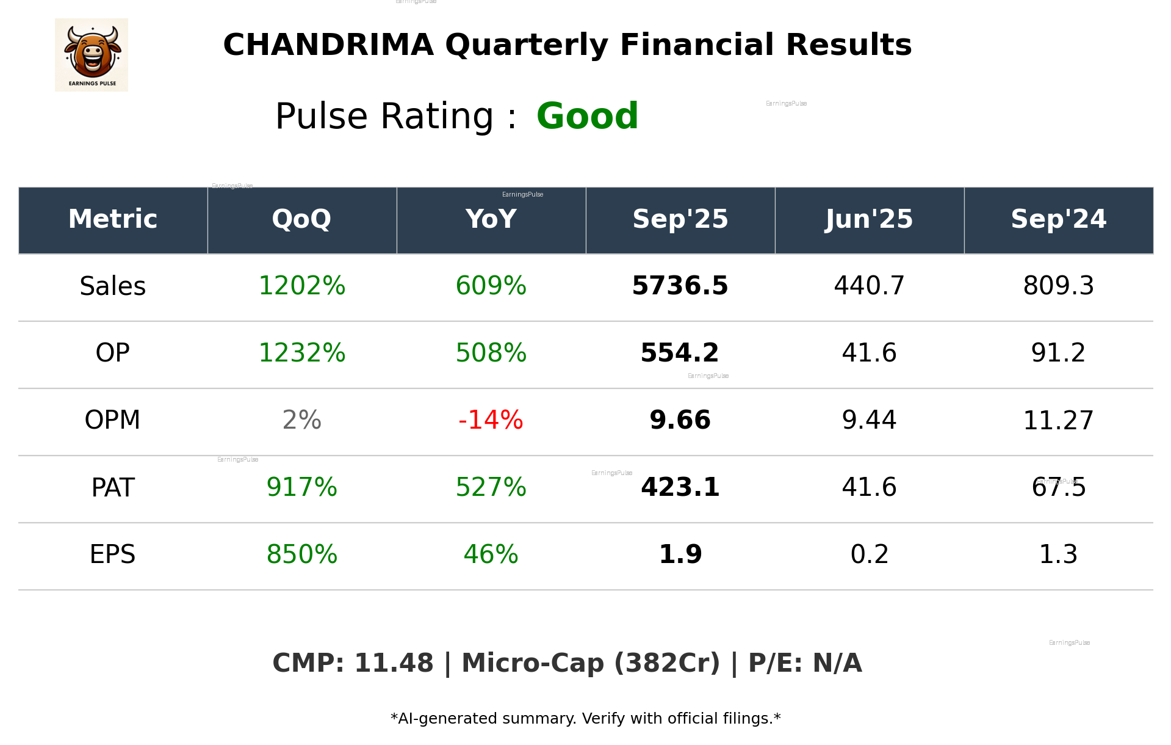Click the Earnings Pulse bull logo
coord(92,55)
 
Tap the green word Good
coord(587,116)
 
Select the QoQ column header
coord(301,219)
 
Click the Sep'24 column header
coord(1058,219)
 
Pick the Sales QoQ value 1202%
coord(301,286)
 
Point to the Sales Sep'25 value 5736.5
coord(680,286)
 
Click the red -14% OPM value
coord(491,420)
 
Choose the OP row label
coord(113,353)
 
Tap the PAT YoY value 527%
coord(491,487)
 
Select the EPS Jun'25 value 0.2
coord(869,554)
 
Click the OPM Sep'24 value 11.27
coord(1058,420)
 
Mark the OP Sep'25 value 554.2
coord(680,353)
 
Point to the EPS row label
coord(113,554)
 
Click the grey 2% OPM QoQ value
coord(301,420)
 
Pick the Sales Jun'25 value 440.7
coord(869,286)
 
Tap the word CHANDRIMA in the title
coord(328,45)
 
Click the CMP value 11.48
coord(394,664)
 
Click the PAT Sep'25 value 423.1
coord(680,487)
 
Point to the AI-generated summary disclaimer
coord(585,719)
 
